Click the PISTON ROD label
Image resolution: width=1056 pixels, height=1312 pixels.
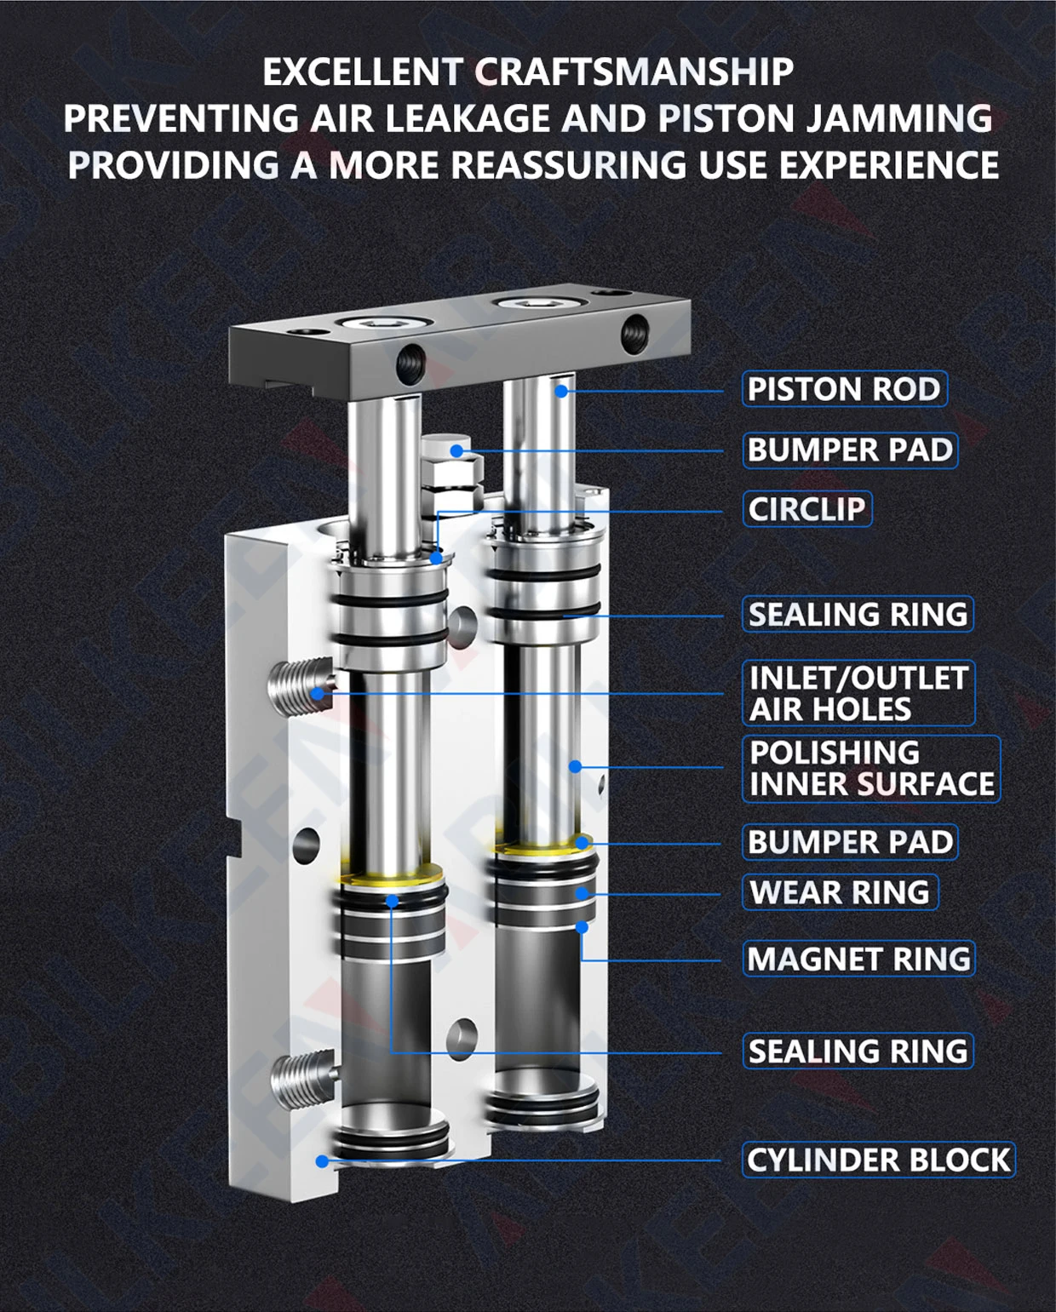(844, 389)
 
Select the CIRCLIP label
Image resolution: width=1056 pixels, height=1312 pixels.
(806, 509)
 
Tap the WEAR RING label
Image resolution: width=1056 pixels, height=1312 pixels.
(840, 892)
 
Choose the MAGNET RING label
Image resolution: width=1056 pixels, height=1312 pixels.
(858, 959)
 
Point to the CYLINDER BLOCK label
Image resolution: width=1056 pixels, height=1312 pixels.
(878, 1160)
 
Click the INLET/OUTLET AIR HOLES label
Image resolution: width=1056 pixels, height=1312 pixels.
(858, 693)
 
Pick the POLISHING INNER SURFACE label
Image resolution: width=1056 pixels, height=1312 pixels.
(871, 768)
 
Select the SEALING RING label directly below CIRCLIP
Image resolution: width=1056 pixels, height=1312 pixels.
(858, 614)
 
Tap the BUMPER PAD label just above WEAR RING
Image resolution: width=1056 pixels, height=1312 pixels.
(850, 842)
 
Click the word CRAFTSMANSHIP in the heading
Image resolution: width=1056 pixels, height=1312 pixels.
(634, 72)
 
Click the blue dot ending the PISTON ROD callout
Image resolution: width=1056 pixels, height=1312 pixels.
(561, 392)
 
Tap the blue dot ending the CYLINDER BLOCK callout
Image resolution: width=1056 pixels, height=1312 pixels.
(322, 1160)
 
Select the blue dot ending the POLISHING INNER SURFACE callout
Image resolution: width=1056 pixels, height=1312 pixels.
(575, 767)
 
